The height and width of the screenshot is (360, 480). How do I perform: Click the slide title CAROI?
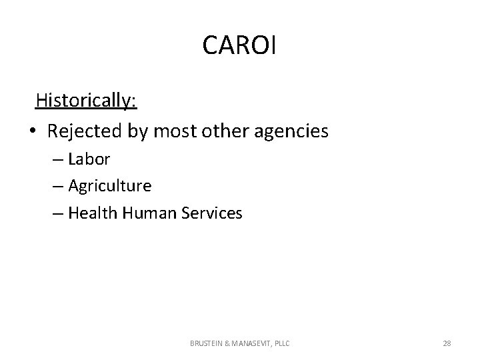point(239,45)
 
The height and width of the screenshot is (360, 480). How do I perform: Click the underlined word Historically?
point(86,100)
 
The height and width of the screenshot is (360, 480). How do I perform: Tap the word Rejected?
point(85,131)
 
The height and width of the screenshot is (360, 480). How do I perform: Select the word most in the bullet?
point(175,131)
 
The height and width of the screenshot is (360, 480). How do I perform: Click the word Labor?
point(90,159)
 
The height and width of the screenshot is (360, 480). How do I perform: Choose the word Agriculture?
point(110,186)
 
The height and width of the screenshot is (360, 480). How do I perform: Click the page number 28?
point(447,343)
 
